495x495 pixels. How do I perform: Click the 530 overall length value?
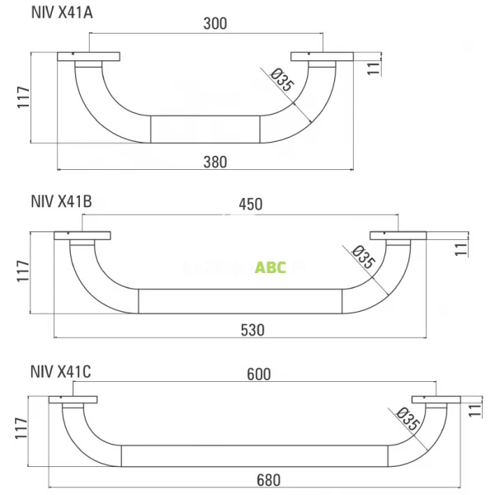coord(252,329)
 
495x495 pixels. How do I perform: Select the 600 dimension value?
coord(258,374)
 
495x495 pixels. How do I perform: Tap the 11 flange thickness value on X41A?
coord(373,68)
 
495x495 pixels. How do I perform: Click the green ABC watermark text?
coord(271,267)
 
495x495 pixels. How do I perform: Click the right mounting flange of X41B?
coord(398,236)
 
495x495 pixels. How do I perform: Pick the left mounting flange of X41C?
coord(73,400)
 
